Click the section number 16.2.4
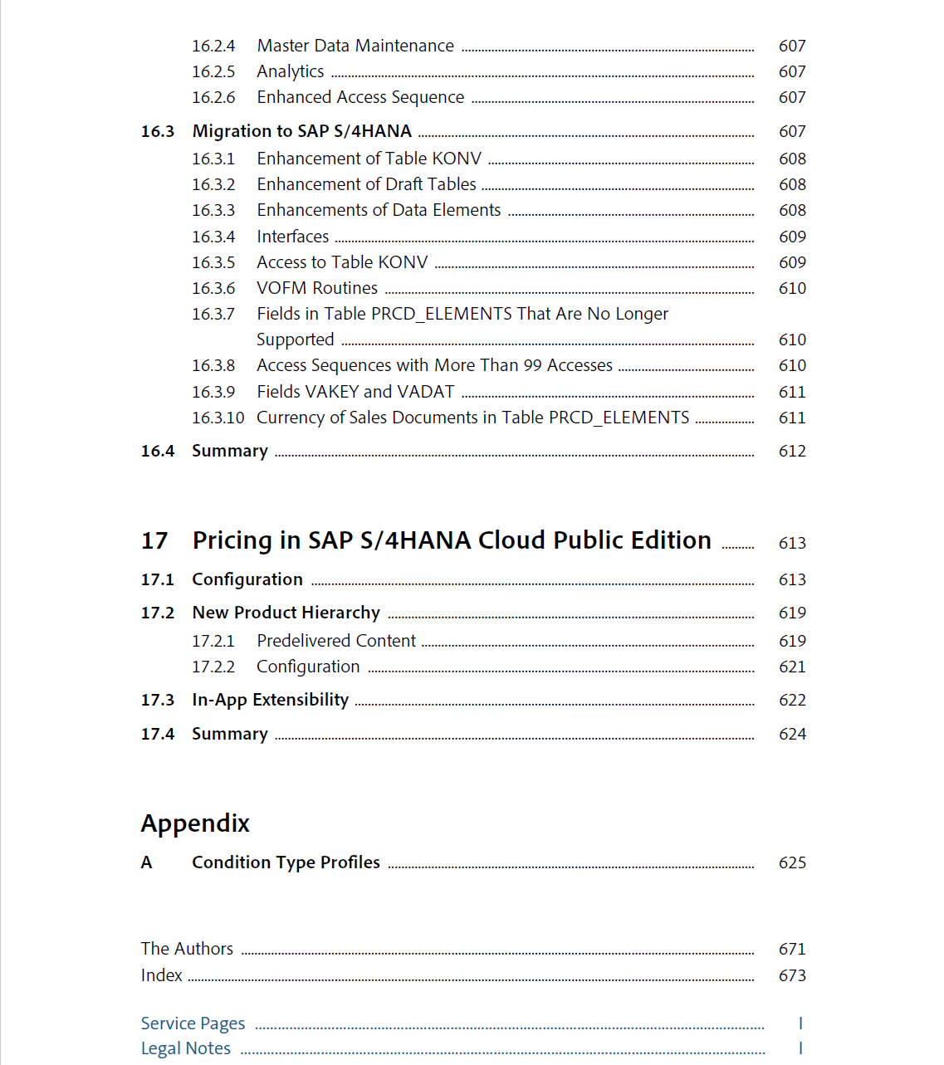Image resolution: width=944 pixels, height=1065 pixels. point(213,46)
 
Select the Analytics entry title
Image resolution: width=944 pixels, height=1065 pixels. point(290,72)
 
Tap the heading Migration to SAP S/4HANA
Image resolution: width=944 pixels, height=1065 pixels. point(301,132)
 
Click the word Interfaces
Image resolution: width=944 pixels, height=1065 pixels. point(292,237)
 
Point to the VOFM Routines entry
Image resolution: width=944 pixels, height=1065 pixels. point(316,289)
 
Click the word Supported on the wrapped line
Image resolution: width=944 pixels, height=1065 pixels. point(295,340)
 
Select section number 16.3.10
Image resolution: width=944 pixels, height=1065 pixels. point(218,418)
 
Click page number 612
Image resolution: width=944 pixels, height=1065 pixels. point(792,452)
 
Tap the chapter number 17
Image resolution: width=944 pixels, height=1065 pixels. point(154,541)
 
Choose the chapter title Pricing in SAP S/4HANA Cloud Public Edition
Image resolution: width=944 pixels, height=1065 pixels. point(452,541)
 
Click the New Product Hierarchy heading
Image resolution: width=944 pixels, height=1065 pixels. point(286,613)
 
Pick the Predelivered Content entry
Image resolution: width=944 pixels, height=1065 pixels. point(335,642)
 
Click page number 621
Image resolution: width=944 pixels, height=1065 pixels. point(792,667)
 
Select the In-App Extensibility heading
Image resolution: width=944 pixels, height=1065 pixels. point(270,701)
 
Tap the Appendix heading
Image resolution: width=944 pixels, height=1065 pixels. point(195,823)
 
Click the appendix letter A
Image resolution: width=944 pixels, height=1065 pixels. point(147,863)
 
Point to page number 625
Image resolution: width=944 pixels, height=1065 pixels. point(792,863)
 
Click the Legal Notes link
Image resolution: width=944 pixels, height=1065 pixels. point(186,1049)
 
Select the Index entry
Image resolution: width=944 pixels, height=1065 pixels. point(161,976)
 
